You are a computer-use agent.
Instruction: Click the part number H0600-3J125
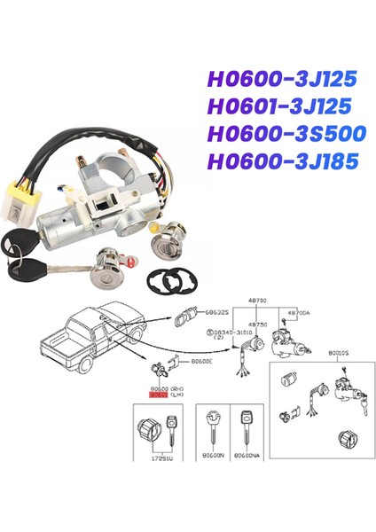click(281, 80)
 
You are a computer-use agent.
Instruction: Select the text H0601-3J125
click(280, 107)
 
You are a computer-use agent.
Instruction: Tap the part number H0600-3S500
click(282, 136)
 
